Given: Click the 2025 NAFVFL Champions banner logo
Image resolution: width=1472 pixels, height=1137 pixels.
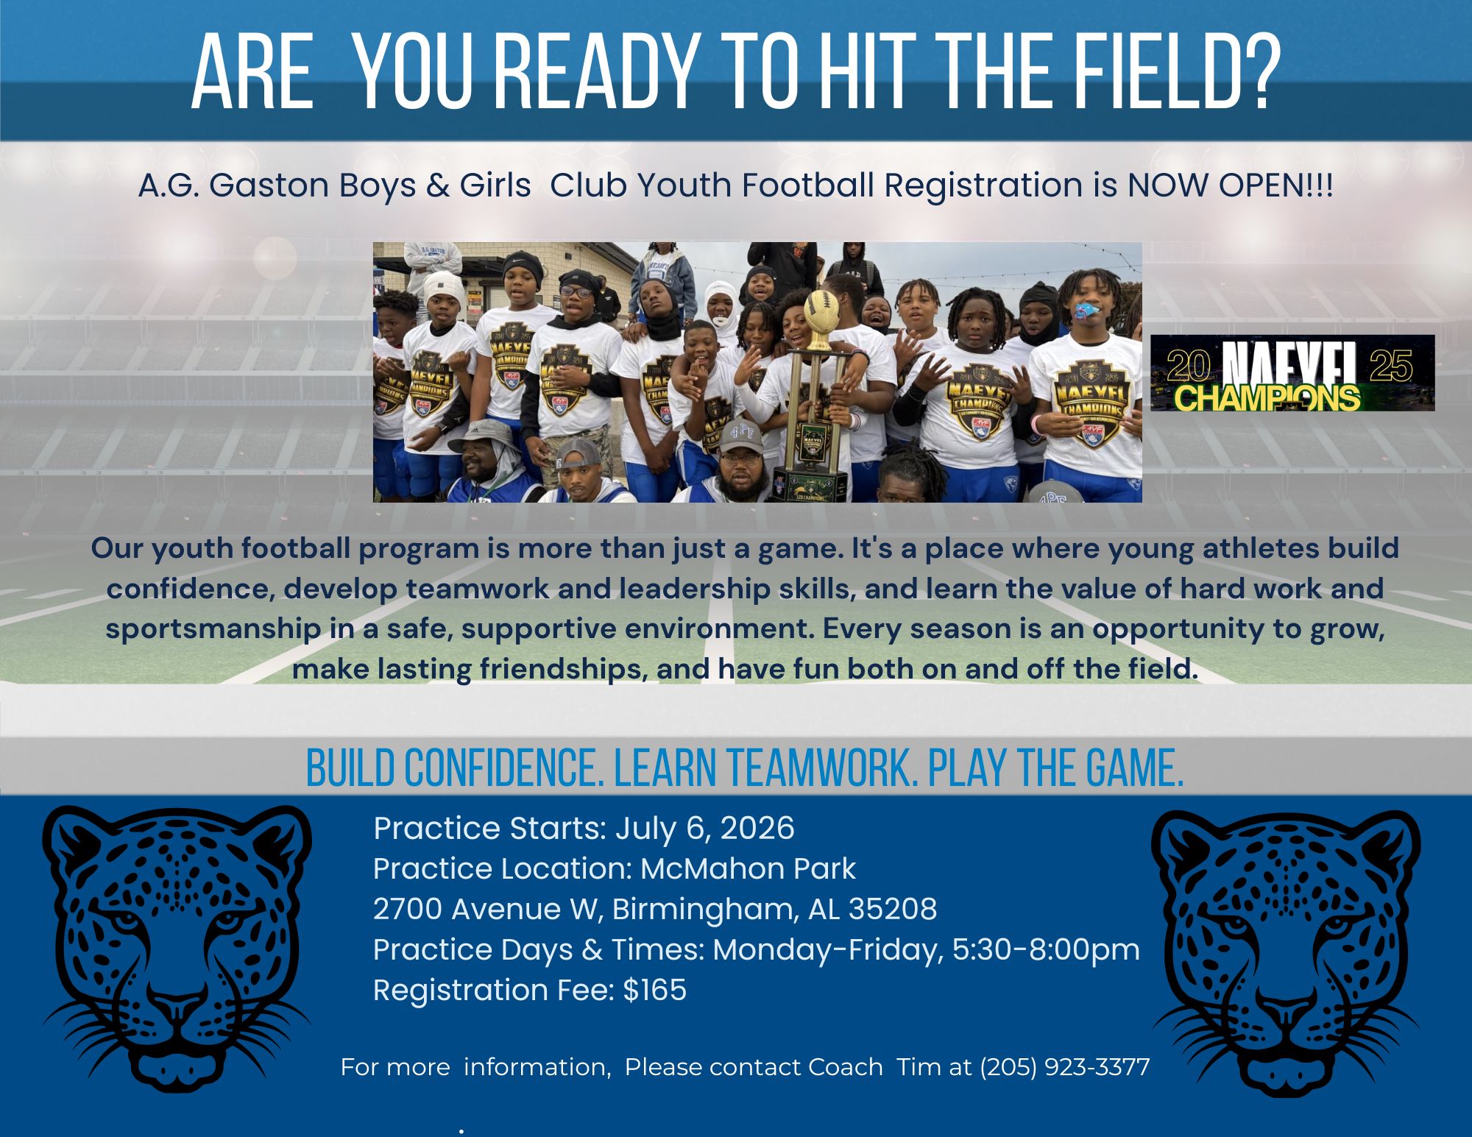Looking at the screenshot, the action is tap(1292, 372).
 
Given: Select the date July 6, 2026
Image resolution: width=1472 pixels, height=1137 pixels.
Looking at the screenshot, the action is tap(705, 829).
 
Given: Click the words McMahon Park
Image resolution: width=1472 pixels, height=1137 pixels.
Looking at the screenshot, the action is tap(749, 869).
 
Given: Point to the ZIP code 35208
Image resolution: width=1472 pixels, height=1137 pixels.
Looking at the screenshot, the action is tap(893, 910).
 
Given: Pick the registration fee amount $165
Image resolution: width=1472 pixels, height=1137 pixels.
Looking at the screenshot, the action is tap(654, 990).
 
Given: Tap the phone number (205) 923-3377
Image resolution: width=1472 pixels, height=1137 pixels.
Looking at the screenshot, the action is tap(1065, 1067).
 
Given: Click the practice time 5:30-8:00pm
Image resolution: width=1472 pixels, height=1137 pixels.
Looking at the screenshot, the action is tap(1046, 950).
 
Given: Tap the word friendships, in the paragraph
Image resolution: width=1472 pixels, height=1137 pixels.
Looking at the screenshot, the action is tap(564, 670).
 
